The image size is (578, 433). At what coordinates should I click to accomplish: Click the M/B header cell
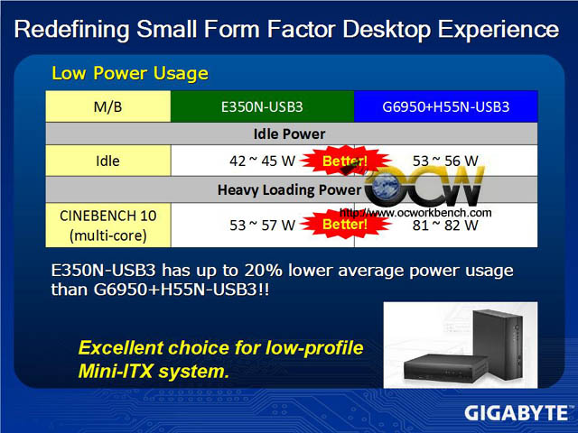point(108,106)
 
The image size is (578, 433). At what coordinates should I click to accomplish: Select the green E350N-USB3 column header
point(262,106)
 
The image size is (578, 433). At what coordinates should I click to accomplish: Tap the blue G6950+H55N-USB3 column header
point(445,106)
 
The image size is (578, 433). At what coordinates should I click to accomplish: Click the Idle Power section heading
point(289,134)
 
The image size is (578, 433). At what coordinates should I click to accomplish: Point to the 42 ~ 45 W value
point(262,161)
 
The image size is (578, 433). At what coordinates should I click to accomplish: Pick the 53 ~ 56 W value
point(445,161)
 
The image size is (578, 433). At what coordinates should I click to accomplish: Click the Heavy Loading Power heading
point(289,190)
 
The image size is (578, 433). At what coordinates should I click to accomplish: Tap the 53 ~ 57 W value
point(262,225)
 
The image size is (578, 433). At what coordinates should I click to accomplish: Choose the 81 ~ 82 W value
point(445,225)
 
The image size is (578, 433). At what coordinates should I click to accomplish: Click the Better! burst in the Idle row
point(345,161)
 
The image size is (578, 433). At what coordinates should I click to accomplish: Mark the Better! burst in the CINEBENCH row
point(345,225)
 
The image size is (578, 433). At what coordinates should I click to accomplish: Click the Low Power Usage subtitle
point(130,73)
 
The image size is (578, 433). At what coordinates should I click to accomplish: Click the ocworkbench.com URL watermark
point(415,213)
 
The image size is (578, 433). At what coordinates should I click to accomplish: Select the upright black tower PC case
point(498,345)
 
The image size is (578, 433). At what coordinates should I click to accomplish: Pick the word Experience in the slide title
point(499,30)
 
